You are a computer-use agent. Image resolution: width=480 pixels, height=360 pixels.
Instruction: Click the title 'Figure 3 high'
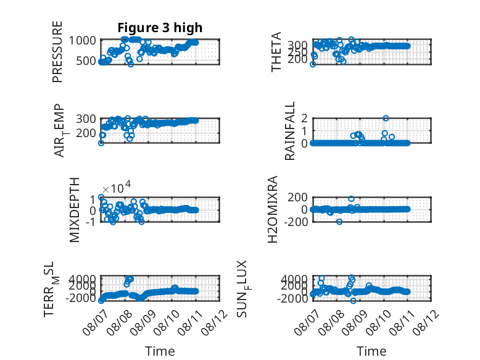tap(160, 28)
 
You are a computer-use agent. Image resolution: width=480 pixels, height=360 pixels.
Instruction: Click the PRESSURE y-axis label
tap(57, 52)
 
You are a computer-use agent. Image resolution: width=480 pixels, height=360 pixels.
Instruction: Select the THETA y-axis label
tap(276, 52)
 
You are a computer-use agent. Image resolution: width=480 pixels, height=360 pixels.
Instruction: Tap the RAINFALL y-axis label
tap(289, 131)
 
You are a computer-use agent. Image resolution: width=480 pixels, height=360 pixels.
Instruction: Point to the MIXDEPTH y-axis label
tap(75, 210)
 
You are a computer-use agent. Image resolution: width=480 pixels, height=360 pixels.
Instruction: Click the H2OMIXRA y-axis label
tap(273, 209)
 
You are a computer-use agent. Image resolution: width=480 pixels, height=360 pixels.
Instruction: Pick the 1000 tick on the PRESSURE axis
tap(82, 40)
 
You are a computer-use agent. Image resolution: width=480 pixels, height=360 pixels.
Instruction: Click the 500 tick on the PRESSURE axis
tap(86, 61)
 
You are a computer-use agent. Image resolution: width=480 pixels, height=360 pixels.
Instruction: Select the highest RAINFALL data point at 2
tap(386, 119)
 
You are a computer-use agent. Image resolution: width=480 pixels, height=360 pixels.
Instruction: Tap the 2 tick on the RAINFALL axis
tap(304, 118)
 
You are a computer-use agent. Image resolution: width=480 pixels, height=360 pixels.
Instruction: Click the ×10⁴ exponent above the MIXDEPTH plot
tap(117, 187)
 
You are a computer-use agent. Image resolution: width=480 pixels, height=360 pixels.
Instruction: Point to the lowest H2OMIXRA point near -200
tap(339, 222)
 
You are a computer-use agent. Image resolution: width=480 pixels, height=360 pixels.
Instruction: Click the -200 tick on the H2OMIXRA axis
tap(296, 222)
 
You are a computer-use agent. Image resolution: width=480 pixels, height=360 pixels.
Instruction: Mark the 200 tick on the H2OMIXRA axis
tap(297, 197)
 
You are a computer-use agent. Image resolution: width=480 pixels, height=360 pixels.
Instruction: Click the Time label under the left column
tap(160, 351)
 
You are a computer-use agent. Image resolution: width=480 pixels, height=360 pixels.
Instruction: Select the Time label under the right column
tap(371, 351)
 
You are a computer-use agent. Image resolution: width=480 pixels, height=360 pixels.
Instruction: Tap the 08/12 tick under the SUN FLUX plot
tap(426, 322)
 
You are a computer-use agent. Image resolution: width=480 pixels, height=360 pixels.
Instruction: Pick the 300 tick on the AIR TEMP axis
tap(86, 119)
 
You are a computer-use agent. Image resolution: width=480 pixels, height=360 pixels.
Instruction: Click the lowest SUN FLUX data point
tap(354, 301)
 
